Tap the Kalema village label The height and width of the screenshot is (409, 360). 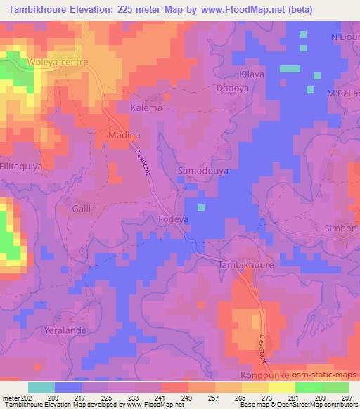146,108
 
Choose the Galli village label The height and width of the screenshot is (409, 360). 82,209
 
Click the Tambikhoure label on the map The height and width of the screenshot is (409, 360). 245,266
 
